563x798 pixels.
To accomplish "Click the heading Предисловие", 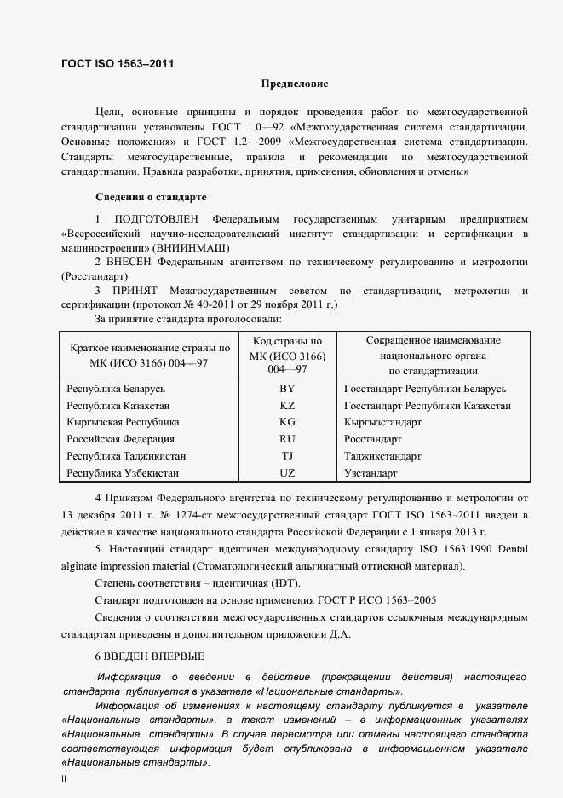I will coord(294,84).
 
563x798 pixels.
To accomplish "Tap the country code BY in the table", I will coord(287,389).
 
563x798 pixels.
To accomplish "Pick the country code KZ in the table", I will coord(287,406).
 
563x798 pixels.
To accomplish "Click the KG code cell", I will coord(287,422).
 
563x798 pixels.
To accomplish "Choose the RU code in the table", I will coord(287,439).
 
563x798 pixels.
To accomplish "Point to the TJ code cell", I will coord(287,456).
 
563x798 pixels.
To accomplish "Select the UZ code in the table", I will coord(287,472).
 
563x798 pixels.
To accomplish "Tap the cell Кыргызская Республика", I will coord(123,422).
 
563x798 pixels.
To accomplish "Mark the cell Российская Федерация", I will coord(120,439).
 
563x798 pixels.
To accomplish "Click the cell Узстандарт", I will coord(371,472).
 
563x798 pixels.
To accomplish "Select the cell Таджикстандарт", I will coord(382,456).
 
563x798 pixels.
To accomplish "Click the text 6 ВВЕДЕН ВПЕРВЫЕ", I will coord(149,656).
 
